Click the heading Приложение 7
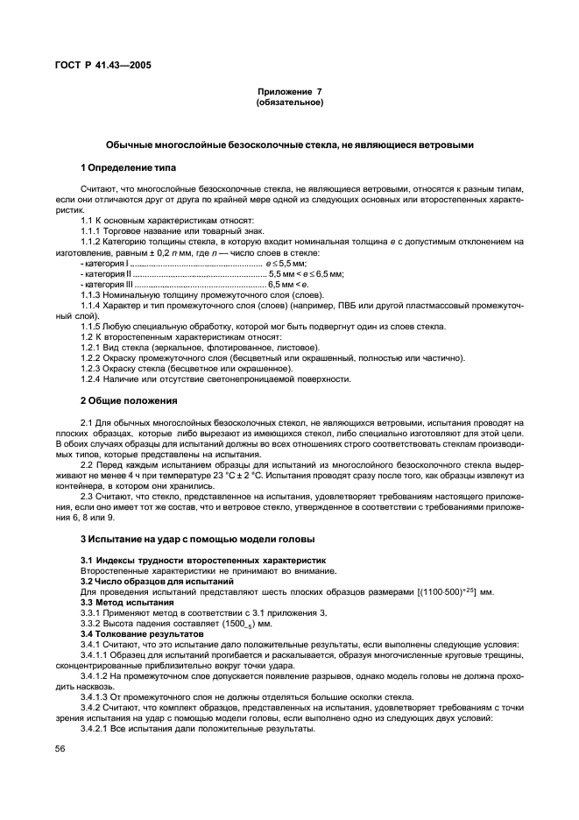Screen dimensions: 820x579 [x=289, y=91]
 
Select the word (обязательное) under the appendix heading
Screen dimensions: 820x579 [x=289, y=102]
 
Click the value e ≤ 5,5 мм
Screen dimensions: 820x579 [x=286, y=263]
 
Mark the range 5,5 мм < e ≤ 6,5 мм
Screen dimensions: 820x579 [x=307, y=273]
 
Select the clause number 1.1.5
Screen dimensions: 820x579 [x=92, y=326]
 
